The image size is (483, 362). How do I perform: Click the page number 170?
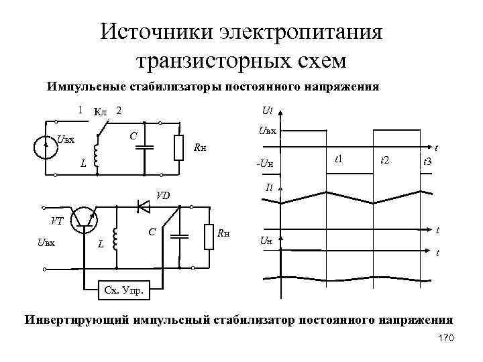tap(445, 339)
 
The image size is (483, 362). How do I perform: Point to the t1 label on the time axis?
tap(338, 159)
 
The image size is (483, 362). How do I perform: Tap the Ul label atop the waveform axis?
tap(267, 111)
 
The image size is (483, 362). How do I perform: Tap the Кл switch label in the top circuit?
tap(101, 112)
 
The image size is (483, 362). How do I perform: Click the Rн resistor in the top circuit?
tap(178, 147)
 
